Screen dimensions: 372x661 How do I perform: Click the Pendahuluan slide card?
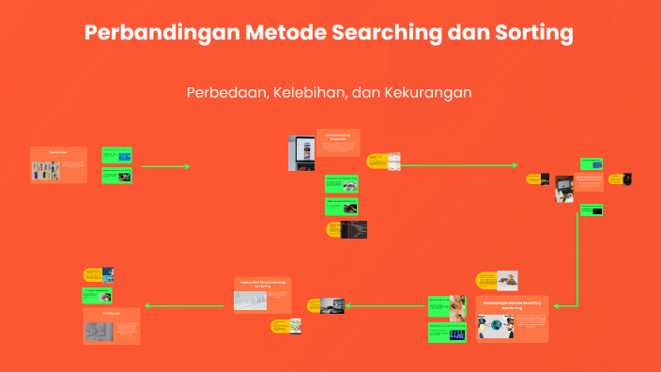click(58, 164)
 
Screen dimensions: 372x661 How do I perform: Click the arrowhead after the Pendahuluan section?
click(187, 166)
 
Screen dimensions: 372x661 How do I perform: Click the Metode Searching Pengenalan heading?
click(336, 136)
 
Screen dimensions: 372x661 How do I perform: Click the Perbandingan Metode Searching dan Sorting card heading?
click(512, 305)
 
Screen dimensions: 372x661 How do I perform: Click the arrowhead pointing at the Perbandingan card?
click(557, 305)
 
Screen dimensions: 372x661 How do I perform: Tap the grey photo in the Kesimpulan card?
click(97, 330)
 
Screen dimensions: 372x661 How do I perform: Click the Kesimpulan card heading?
click(111, 312)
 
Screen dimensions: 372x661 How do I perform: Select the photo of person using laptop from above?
click(563, 188)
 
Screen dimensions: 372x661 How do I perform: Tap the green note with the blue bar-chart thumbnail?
click(448, 333)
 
